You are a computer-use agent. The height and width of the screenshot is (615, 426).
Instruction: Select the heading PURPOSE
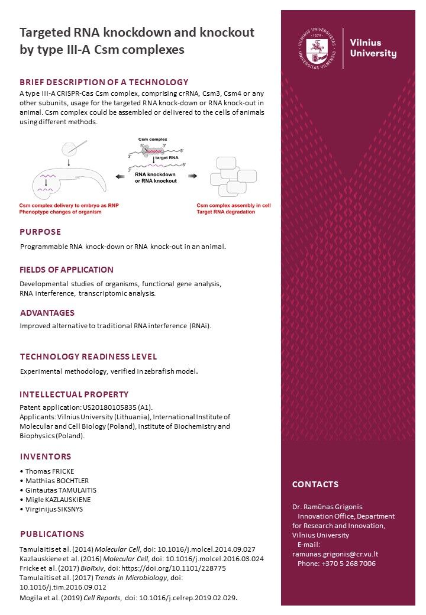pyautogui.click(x=40, y=232)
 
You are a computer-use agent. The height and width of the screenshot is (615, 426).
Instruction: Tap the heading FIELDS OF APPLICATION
pyautogui.click(x=66, y=270)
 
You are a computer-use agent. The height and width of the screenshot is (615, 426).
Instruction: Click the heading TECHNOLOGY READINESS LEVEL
pyautogui.click(x=88, y=357)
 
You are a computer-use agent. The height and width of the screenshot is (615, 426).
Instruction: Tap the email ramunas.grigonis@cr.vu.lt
pyautogui.click(x=335, y=554)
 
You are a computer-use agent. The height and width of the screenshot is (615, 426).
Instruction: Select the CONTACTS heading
pyautogui.click(x=315, y=484)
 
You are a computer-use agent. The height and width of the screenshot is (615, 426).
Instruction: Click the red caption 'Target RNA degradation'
pyautogui.click(x=226, y=212)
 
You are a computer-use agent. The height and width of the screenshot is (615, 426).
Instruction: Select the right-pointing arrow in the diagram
pyautogui.click(x=192, y=176)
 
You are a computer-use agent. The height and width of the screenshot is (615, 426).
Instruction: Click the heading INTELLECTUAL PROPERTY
pyautogui.click(x=74, y=394)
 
